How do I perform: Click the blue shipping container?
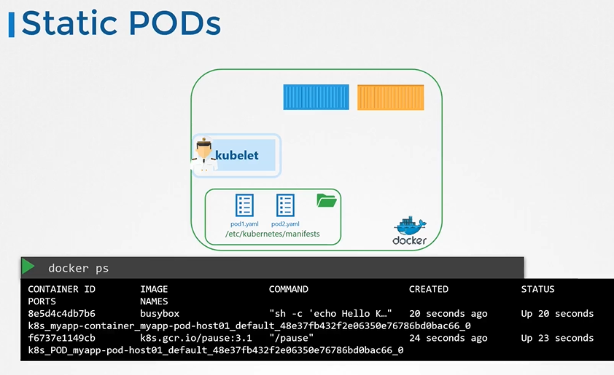(x=316, y=97)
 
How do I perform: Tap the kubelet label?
(x=237, y=155)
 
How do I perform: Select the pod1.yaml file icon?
(x=244, y=205)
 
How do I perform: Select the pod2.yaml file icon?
(x=285, y=205)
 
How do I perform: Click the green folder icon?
(x=327, y=200)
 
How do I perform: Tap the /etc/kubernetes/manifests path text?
(x=273, y=234)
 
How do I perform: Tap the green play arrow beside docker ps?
(x=28, y=267)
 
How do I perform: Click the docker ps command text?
(x=78, y=268)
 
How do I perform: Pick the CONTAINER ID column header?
(x=61, y=289)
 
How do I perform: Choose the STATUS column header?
(x=537, y=289)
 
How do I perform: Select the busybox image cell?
(x=159, y=314)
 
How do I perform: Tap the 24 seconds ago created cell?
(x=448, y=338)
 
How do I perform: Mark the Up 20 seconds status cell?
(x=557, y=314)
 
